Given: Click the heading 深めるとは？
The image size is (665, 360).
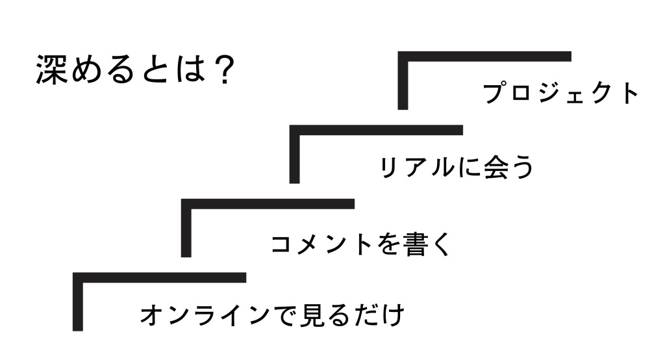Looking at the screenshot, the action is coord(135,69).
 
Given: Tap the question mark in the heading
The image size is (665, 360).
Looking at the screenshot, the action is coord(223,69).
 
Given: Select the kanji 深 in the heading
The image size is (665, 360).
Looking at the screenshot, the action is coord(51,70).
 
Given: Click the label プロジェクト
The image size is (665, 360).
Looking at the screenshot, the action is coord(560,93).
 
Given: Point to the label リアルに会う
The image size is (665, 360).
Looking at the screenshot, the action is coord(457,167).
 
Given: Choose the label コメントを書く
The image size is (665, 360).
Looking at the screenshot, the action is coord(360,244).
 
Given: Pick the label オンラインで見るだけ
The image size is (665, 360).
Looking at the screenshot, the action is coord(272,315).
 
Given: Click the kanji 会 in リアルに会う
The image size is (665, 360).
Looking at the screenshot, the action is coord(496,167).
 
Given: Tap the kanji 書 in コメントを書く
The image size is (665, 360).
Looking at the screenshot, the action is coord(414,244).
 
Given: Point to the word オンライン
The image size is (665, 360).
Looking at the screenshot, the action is coord(205,315).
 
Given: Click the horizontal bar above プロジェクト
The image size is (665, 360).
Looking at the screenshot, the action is coord(484,57).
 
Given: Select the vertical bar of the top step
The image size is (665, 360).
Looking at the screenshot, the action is coord(403,81).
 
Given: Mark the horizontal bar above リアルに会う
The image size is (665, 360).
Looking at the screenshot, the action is coord(376,130).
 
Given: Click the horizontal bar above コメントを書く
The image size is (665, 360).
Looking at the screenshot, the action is coord(268,204).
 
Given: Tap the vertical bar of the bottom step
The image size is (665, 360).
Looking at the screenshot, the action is coord(78,302).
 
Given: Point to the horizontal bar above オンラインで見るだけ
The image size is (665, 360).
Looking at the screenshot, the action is coord(160,277).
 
